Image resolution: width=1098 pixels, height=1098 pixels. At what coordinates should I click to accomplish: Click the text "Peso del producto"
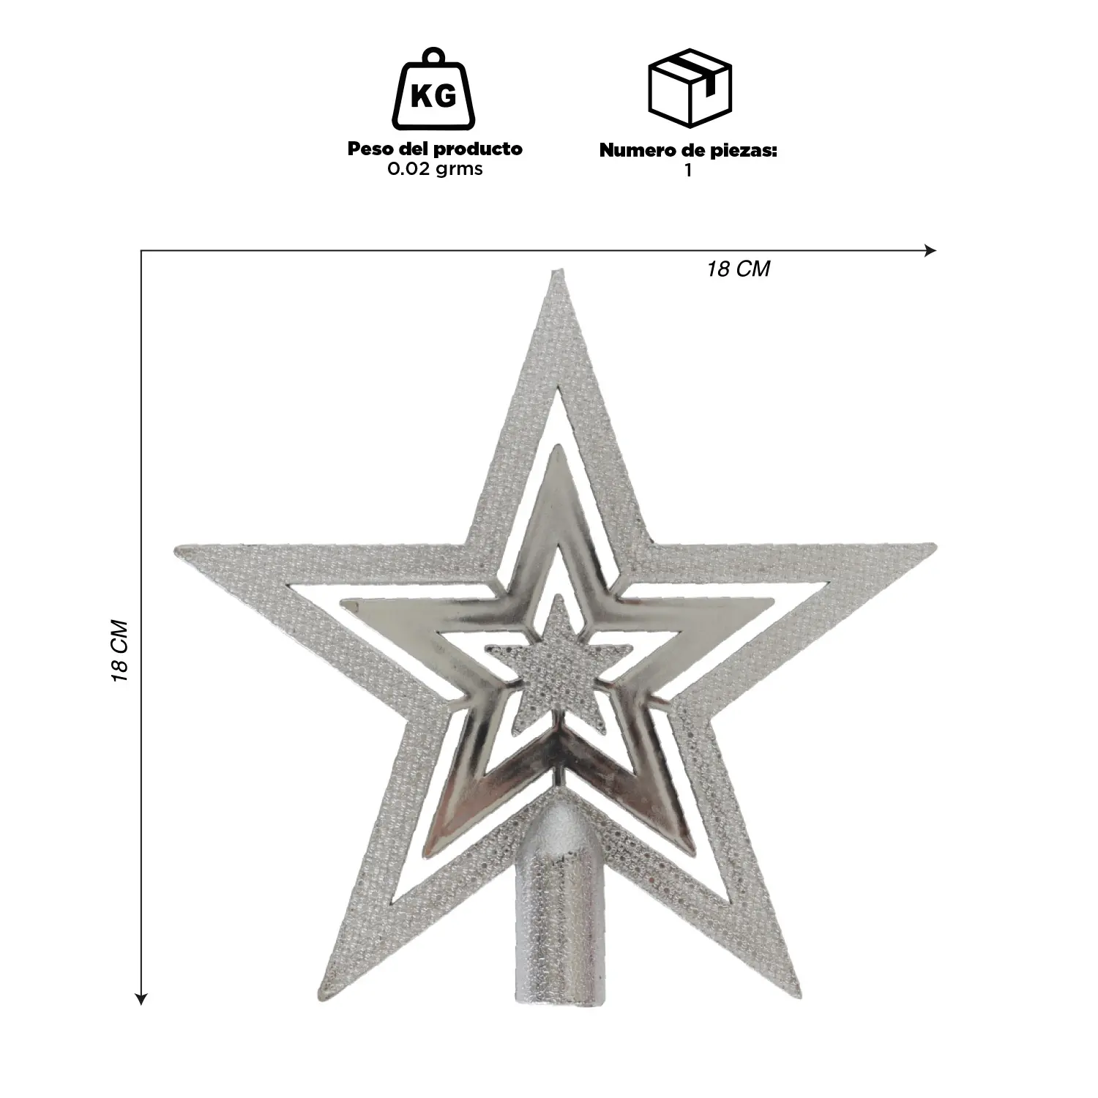(435, 149)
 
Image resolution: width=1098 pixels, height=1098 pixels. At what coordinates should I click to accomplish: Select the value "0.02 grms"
(435, 170)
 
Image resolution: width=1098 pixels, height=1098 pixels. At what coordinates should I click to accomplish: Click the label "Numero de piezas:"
(688, 151)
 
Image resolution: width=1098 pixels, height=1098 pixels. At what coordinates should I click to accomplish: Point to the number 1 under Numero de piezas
(688, 171)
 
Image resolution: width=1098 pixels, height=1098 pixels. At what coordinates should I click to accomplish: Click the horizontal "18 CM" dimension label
(739, 269)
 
